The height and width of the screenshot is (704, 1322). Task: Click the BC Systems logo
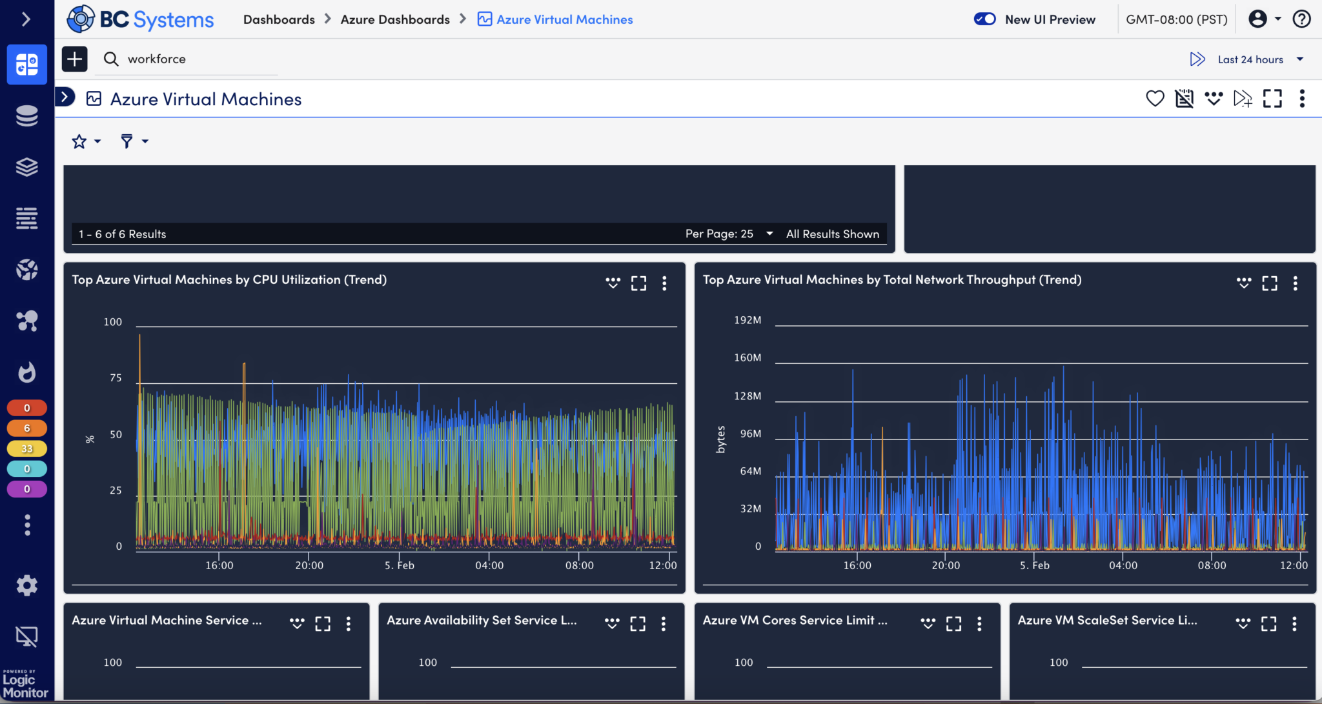click(x=140, y=19)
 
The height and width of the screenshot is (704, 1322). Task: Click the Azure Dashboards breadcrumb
click(x=394, y=19)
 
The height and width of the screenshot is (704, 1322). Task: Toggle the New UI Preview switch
click(x=984, y=19)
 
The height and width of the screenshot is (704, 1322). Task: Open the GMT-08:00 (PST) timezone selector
click(x=1176, y=19)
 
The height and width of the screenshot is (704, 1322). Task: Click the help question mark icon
click(x=1301, y=19)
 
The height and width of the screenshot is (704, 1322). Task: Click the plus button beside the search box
click(x=75, y=59)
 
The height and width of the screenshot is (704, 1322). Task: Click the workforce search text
click(x=157, y=59)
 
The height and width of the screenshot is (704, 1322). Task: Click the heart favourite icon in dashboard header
click(x=1155, y=98)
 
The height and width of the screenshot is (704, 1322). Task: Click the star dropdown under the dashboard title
click(x=86, y=141)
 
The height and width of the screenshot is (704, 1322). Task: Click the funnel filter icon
click(x=127, y=141)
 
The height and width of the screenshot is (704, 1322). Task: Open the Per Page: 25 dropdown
click(x=729, y=234)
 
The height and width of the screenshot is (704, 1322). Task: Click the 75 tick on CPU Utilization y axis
click(x=116, y=377)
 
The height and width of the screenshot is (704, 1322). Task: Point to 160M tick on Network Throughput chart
click(x=747, y=357)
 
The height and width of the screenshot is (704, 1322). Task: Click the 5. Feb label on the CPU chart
click(x=400, y=565)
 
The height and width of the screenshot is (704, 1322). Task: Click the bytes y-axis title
click(x=721, y=439)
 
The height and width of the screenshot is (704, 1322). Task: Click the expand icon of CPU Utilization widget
click(x=638, y=283)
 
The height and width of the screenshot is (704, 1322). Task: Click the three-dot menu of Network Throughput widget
click(x=1295, y=283)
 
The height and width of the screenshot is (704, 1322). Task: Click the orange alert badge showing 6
click(x=26, y=428)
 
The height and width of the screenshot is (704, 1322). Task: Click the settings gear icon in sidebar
click(x=26, y=586)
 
